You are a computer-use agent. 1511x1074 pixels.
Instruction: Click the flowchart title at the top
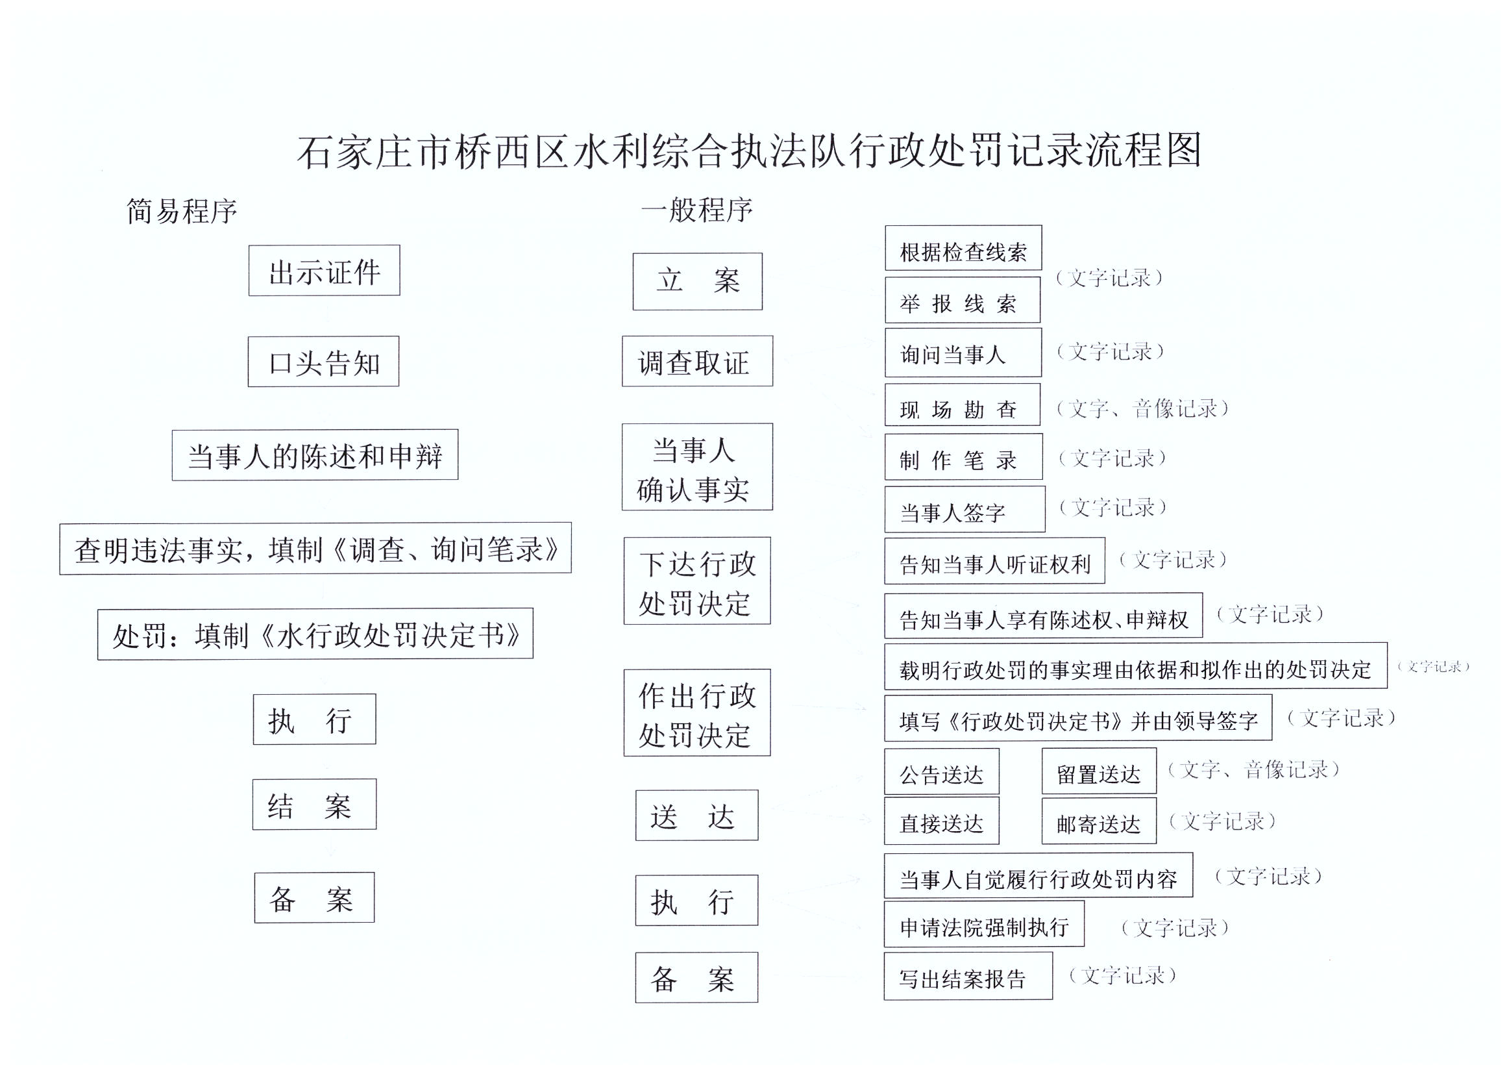point(748,151)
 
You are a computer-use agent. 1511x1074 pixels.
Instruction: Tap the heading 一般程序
point(697,210)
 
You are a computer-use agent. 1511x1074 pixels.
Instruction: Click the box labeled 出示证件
point(324,271)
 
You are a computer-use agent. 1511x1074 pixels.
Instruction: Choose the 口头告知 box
point(323,362)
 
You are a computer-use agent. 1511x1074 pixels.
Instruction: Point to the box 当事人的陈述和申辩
point(315,455)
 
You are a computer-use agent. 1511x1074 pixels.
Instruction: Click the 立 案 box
point(697,281)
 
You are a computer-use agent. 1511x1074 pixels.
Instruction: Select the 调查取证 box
point(697,361)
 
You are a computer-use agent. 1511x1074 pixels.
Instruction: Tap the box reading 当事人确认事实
point(697,467)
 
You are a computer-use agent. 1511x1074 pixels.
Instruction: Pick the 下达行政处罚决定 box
point(697,581)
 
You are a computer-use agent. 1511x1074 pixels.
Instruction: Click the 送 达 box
point(696,816)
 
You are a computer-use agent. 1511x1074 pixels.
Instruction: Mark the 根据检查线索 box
point(963,248)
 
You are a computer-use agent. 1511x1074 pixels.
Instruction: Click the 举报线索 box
point(963,300)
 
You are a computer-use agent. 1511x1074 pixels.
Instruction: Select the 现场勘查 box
point(963,405)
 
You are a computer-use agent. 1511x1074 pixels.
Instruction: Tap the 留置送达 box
point(1099,771)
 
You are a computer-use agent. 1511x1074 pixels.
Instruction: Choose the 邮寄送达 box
point(1099,821)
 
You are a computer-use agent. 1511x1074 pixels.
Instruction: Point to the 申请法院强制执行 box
point(984,924)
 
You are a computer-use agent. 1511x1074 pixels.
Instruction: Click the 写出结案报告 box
point(968,976)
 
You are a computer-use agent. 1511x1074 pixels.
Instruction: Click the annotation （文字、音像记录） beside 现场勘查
point(1142,408)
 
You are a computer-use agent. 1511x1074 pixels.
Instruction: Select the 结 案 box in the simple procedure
point(314,804)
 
